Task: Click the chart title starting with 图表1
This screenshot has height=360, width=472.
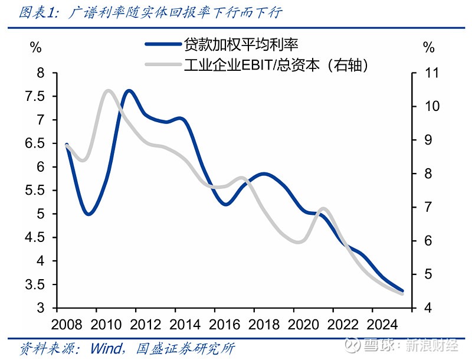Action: [x=150, y=12]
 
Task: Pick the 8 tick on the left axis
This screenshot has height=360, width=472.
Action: [x=41, y=73]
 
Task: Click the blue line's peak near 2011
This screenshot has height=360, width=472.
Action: [x=129, y=91]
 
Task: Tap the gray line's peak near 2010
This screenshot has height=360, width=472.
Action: [x=109, y=91]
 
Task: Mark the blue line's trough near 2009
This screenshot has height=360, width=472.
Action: [x=88, y=214]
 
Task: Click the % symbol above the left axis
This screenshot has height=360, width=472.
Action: [x=36, y=48]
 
